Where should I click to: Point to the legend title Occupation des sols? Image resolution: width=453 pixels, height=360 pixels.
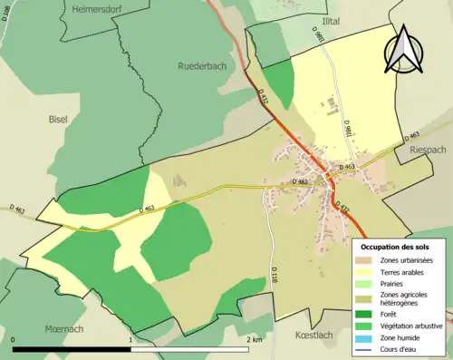pyautogui.click(x=395, y=247)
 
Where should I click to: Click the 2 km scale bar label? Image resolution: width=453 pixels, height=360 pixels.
pyautogui.click(x=255, y=340)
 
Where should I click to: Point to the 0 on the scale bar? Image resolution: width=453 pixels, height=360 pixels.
pyautogui.click(x=14, y=340)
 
